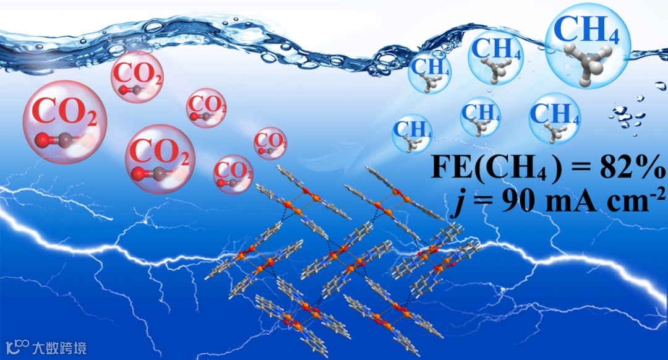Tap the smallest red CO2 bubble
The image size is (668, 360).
coord(270,143)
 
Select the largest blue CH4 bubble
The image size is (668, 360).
coord(588,47)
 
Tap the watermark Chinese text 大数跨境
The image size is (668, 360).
coord(60,347)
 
